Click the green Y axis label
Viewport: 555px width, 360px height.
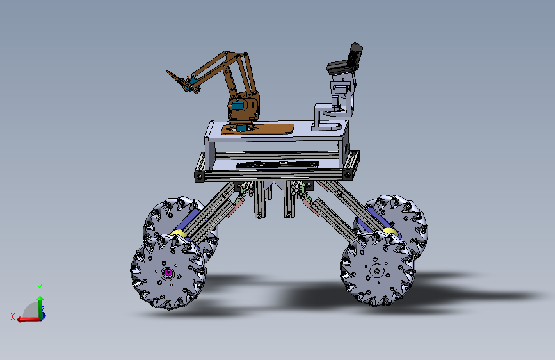(x=40, y=288)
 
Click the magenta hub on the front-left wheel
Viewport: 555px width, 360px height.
(x=168, y=274)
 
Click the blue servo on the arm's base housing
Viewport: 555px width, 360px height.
(x=237, y=105)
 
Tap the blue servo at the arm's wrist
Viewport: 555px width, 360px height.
(x=190, y=81)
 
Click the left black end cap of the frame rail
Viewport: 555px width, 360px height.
(x=200, y=174)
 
